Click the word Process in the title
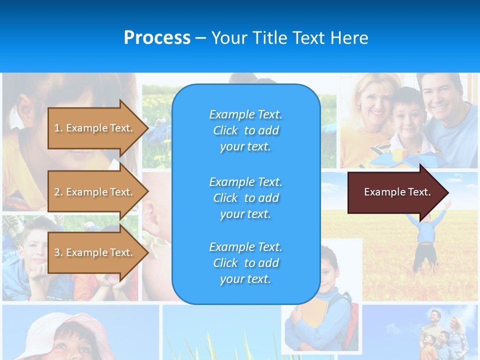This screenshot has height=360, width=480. [x=157, y=38]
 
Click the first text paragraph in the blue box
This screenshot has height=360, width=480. [x=245, y=130]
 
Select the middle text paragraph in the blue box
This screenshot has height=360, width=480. [x=245, y=198]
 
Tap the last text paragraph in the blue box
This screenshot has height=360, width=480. [x=245, y=263]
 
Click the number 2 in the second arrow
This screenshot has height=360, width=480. [x=57, y=192]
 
